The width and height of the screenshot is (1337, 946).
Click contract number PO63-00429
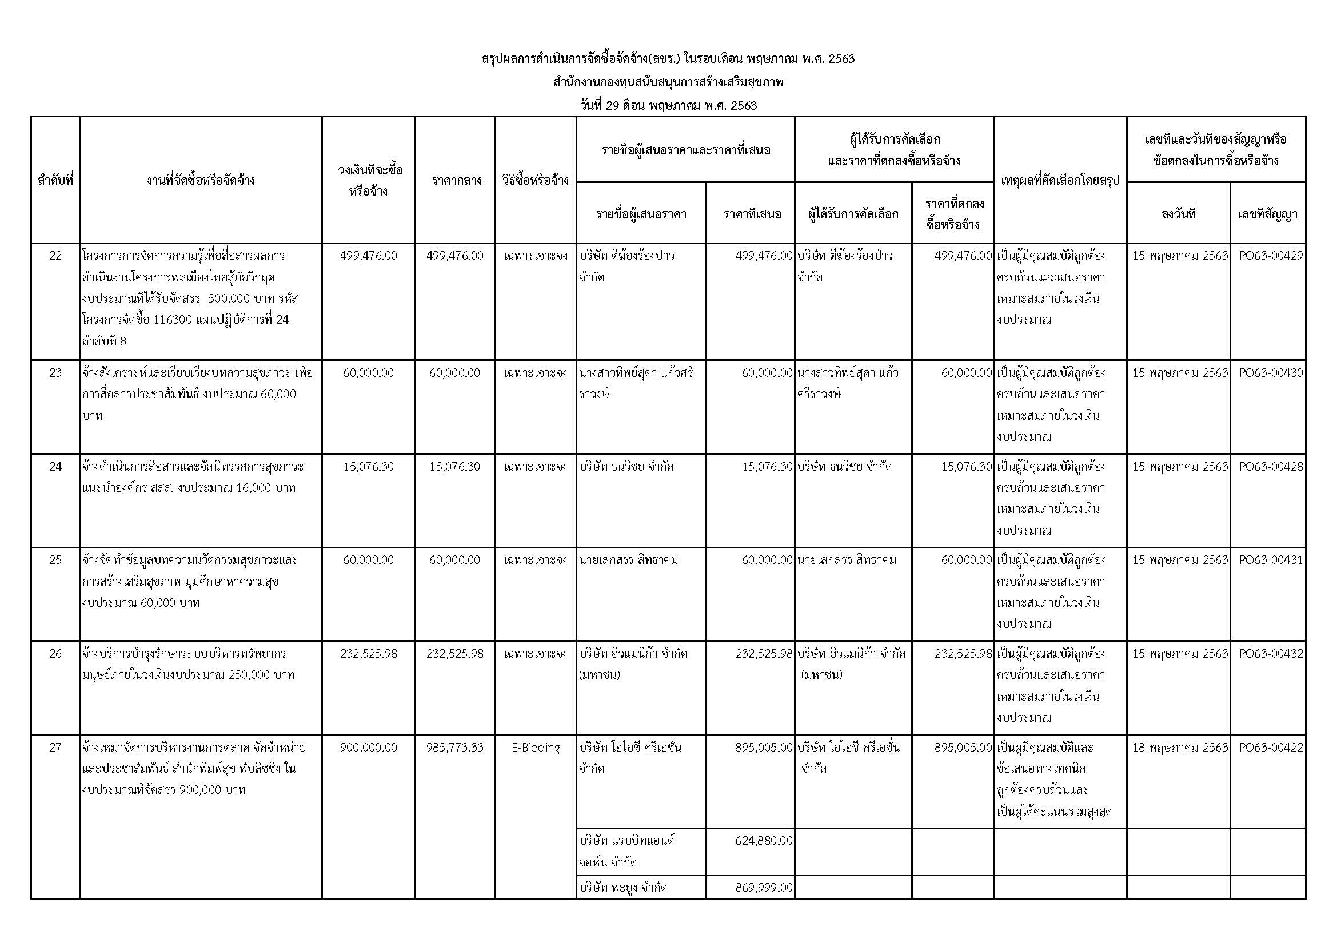click(x=1271, y=256)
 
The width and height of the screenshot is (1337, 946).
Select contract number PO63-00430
click(x=1271, y=373)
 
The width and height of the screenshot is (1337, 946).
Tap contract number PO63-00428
click(x=1271, y=467)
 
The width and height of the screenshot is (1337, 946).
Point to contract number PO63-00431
click(x=1271, y=560)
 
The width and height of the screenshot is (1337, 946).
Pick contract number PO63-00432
click(x=1271, y=654)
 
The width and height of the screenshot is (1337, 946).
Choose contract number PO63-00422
click(x=1271, y=748)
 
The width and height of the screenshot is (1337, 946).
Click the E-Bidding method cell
click(x=535, y=748)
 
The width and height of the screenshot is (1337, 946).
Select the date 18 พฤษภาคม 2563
click(x=1180, y=748)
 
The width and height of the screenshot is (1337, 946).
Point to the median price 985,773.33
click(x=454, y=748)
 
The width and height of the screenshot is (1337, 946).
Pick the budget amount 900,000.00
click(x=368, y=748)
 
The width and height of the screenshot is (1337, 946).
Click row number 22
click(x=55, y=256)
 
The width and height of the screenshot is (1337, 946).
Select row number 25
click(x=55, y=560)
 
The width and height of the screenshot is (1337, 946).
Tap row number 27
click(x=55, y=748)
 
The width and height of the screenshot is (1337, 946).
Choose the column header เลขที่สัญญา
click(x=1268, y=214)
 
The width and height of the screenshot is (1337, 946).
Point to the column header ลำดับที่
click(x=55, y=181)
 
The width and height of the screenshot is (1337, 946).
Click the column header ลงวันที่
click(x=1178, y=214)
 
